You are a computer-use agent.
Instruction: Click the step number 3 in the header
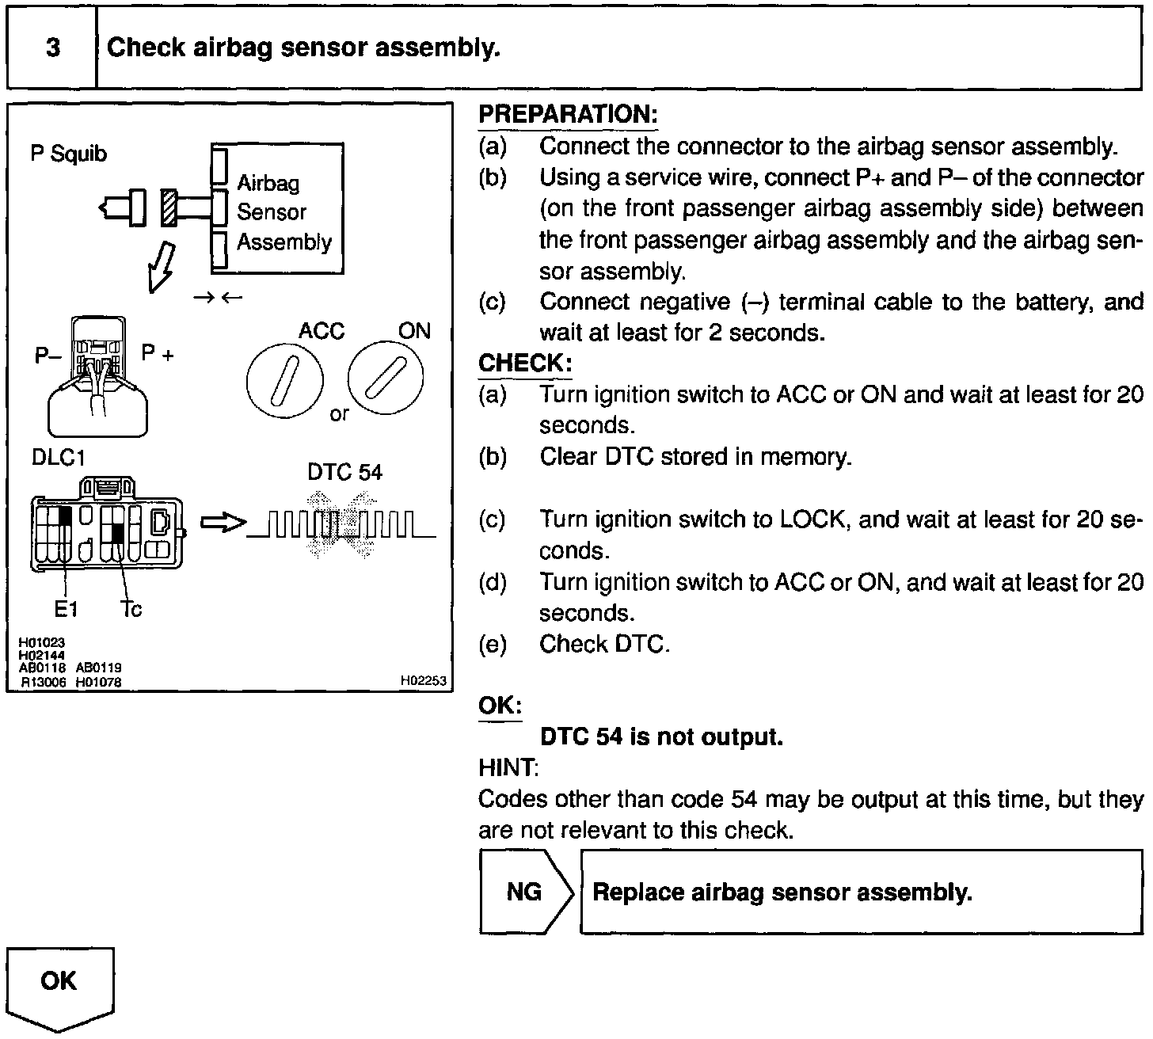[52, 48]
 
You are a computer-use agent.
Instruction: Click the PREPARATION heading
[568, 114]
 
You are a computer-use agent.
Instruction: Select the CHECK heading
[524, 363]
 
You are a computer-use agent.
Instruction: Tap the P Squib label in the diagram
[68, 154]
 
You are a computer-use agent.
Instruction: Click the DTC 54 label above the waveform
[344, 473]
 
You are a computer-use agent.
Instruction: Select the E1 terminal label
[66, 609]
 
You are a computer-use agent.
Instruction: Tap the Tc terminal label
[131, 609]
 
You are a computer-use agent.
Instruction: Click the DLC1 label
[59, 458]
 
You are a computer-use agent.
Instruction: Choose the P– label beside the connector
[48, 356]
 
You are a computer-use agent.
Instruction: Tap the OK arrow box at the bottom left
[59, 986]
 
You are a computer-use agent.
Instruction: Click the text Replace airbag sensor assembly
[782, 892]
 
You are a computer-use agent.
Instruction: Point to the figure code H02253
[423, 681]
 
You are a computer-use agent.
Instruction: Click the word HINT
[508, 767]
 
